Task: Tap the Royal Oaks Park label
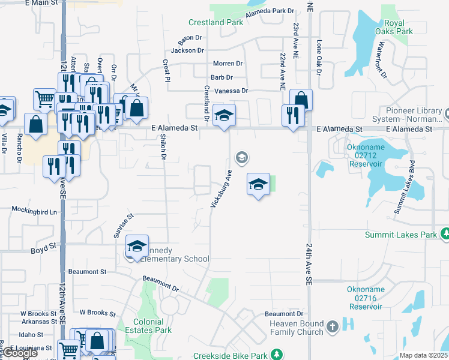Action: pos(394,27)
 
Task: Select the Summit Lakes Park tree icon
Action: pos(445,233)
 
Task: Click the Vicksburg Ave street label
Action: pos(221,188)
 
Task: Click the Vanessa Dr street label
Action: pos(231,91)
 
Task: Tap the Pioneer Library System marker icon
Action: pos(447,112)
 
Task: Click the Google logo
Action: pos(20,353)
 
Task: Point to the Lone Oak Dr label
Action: pos(319,58)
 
